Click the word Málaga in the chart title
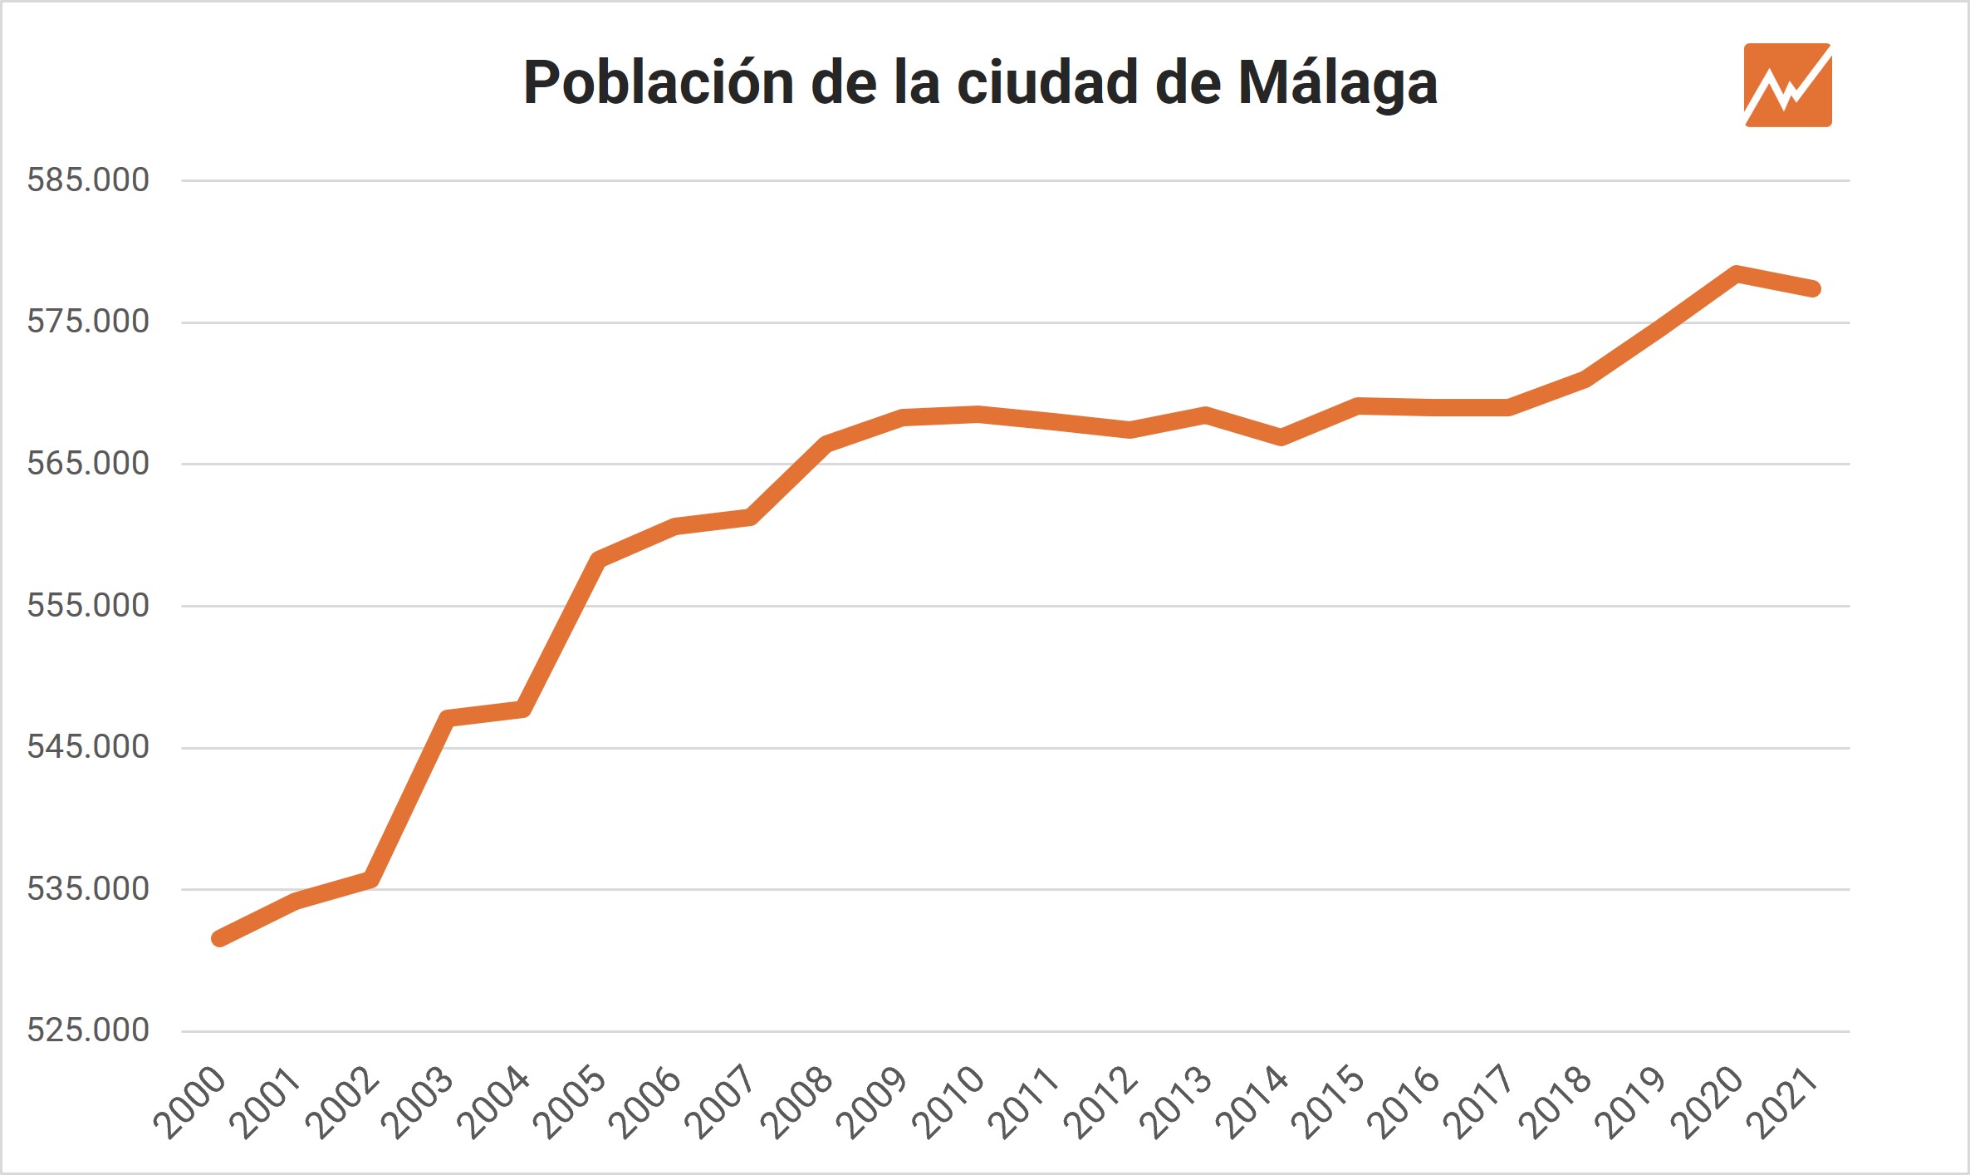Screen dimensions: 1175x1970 click(1337, 84)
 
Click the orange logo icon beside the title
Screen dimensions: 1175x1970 click(1787, 85)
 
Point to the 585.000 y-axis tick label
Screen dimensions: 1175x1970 click(88, 180)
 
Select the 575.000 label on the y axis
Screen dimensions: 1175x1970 click(88, 322)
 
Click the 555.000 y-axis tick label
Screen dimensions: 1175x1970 click(88, 606)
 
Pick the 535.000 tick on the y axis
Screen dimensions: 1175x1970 click(88, 889)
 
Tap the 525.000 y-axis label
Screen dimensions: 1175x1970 click(88, 1030)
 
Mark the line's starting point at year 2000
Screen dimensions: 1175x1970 click(218, 939)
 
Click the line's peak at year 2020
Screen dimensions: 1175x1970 click(1737, 273)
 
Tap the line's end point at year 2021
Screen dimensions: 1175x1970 click(1814, 289)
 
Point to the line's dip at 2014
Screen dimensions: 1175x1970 click(1281, 437)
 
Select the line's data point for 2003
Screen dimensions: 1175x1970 click(447, 719)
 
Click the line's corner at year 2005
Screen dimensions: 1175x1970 click(598, 559)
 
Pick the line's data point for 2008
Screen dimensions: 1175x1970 click(826, 444)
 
